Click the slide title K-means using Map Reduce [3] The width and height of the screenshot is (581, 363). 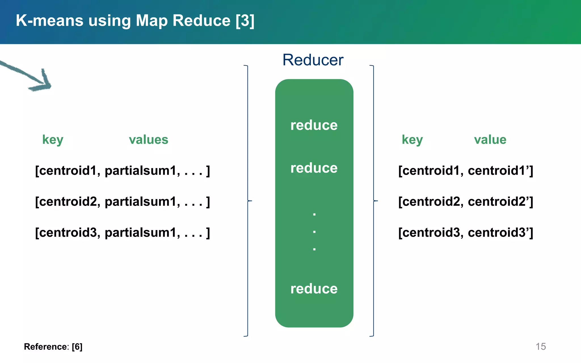[135, 21]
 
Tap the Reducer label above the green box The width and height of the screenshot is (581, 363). [313, 60]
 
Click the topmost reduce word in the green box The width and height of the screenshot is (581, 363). [314, 125]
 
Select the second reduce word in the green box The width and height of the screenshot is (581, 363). [314, 168]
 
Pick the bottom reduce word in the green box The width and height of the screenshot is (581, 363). [314, 289]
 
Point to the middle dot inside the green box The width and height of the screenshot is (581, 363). [314, 232]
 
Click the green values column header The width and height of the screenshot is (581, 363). [148, 140]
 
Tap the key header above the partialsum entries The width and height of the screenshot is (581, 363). [53, 140]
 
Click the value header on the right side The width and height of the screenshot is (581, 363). [490, 140]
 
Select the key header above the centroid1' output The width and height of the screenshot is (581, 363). [412, 140]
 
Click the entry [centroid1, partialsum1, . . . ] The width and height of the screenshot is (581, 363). [122, 171]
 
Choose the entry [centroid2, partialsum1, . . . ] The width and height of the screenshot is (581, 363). [122, 202]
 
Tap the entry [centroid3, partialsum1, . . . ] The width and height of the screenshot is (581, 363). [122, 233]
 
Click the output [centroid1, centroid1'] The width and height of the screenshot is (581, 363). [466, 171]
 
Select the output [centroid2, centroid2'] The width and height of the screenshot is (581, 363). [466, 202]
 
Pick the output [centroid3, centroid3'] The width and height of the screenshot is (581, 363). [466, 233]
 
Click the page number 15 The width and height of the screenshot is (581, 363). [540, 347]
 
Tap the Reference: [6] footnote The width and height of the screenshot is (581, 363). [53, 347]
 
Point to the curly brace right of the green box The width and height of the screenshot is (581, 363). [374, 201]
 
